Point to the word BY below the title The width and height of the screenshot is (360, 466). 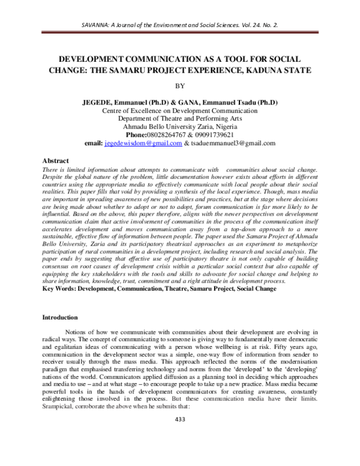click(x=180, y=86)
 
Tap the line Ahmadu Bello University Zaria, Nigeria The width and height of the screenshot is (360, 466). click(x=180, y=127)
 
